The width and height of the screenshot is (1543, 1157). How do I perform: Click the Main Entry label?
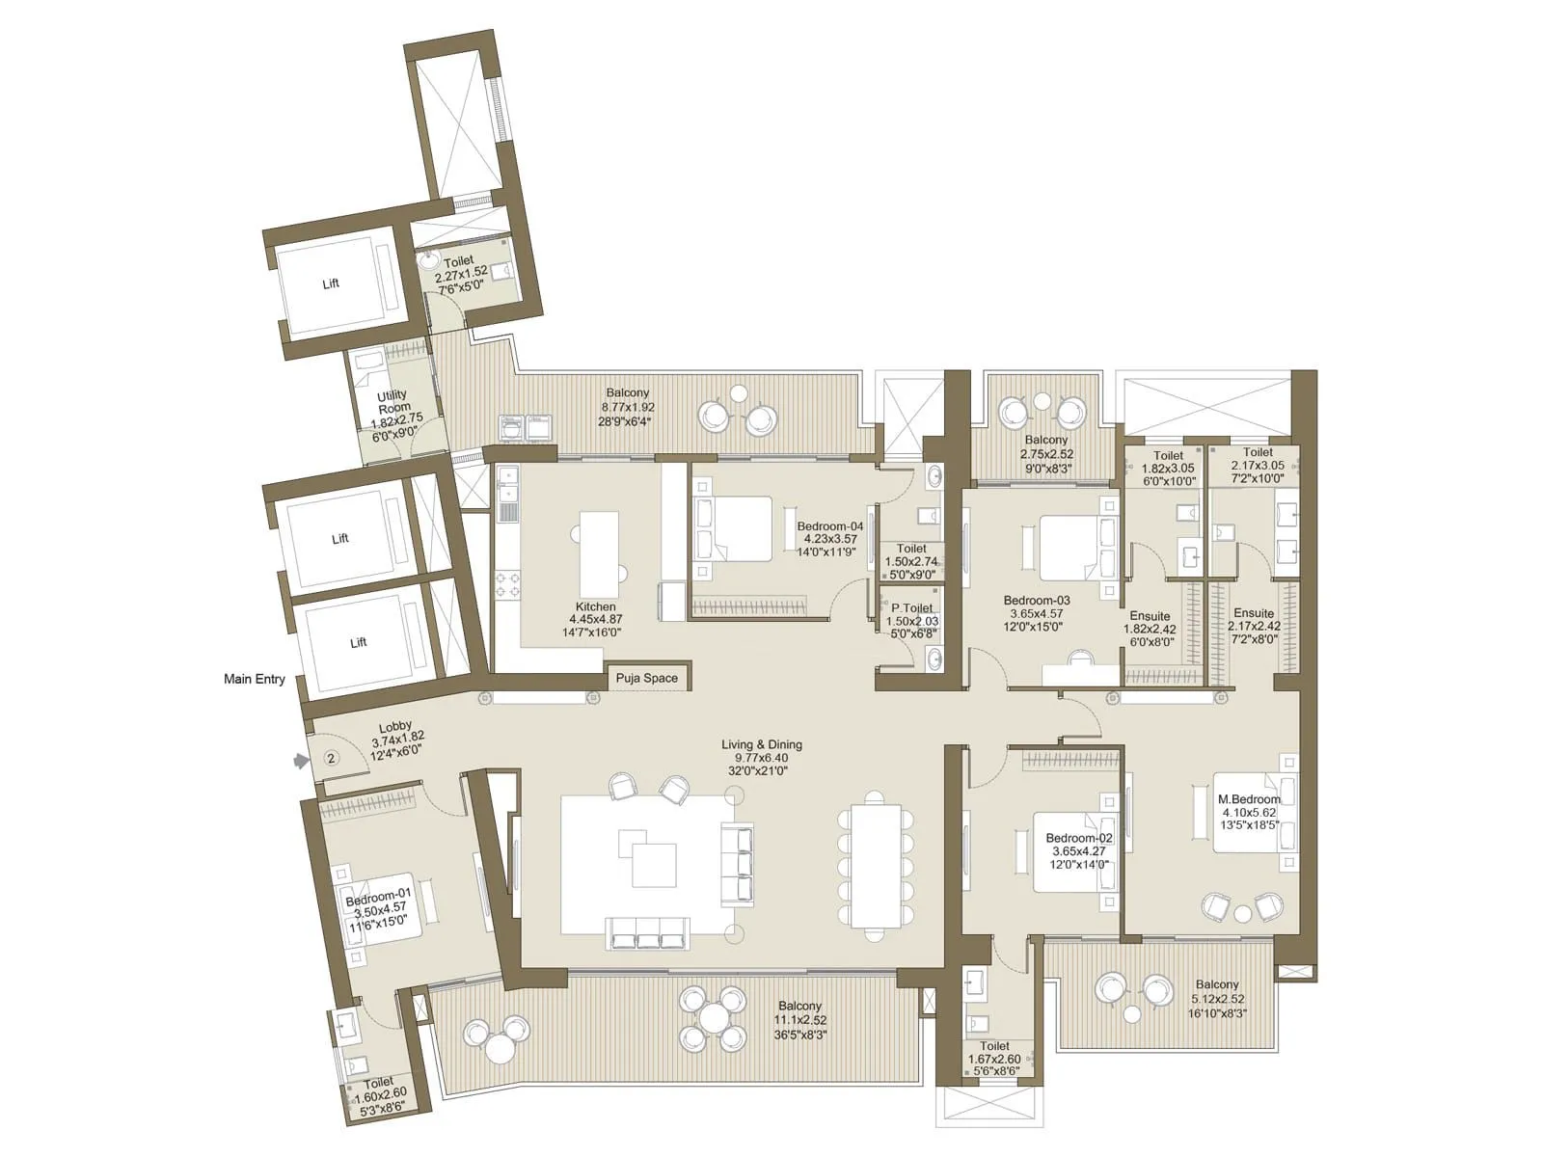pyautogui.click(x=254, y=679)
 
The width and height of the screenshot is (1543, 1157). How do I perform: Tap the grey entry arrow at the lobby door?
pyautogui.click(x=302, y=760)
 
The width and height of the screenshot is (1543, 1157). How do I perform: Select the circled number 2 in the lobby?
pyautogui.click(x=331, y=758)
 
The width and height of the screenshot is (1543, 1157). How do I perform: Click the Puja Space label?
pyautogui.click(x=647, y=678)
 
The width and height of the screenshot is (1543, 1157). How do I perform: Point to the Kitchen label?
pyautogui.click(x=595, y=606)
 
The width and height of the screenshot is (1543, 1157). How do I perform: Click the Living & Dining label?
pyautogui.click(x=761, y=744)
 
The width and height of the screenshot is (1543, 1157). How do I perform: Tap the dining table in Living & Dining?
pyautogui.click(x=876, y=866)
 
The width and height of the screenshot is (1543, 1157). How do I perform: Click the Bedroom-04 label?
pyautogui.click(x=829, y=526)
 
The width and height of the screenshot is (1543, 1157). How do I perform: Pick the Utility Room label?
pyautogui.click(x=393, y=401)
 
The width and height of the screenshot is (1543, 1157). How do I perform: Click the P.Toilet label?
pyautogui.click(x=911, y=607)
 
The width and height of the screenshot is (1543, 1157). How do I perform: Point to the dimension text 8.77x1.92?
pyautogui.click(x=628, y=408)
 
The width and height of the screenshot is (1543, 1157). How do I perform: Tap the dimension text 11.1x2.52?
pyautogui.click(x=800, y=1020)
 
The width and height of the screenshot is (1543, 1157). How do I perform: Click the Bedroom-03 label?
pyautogui.click(x=1036, y=600)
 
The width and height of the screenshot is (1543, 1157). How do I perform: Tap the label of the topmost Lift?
pyautogui.click(x=331, y=283)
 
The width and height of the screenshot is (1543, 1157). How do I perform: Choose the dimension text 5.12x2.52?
pyautogui.click(x=1217, y=999)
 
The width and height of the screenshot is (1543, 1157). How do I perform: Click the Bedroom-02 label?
pyautogui.click(x=1079, y=837)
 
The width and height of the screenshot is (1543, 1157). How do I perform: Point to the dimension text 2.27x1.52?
pyautogui.click(x=460, y=273)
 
